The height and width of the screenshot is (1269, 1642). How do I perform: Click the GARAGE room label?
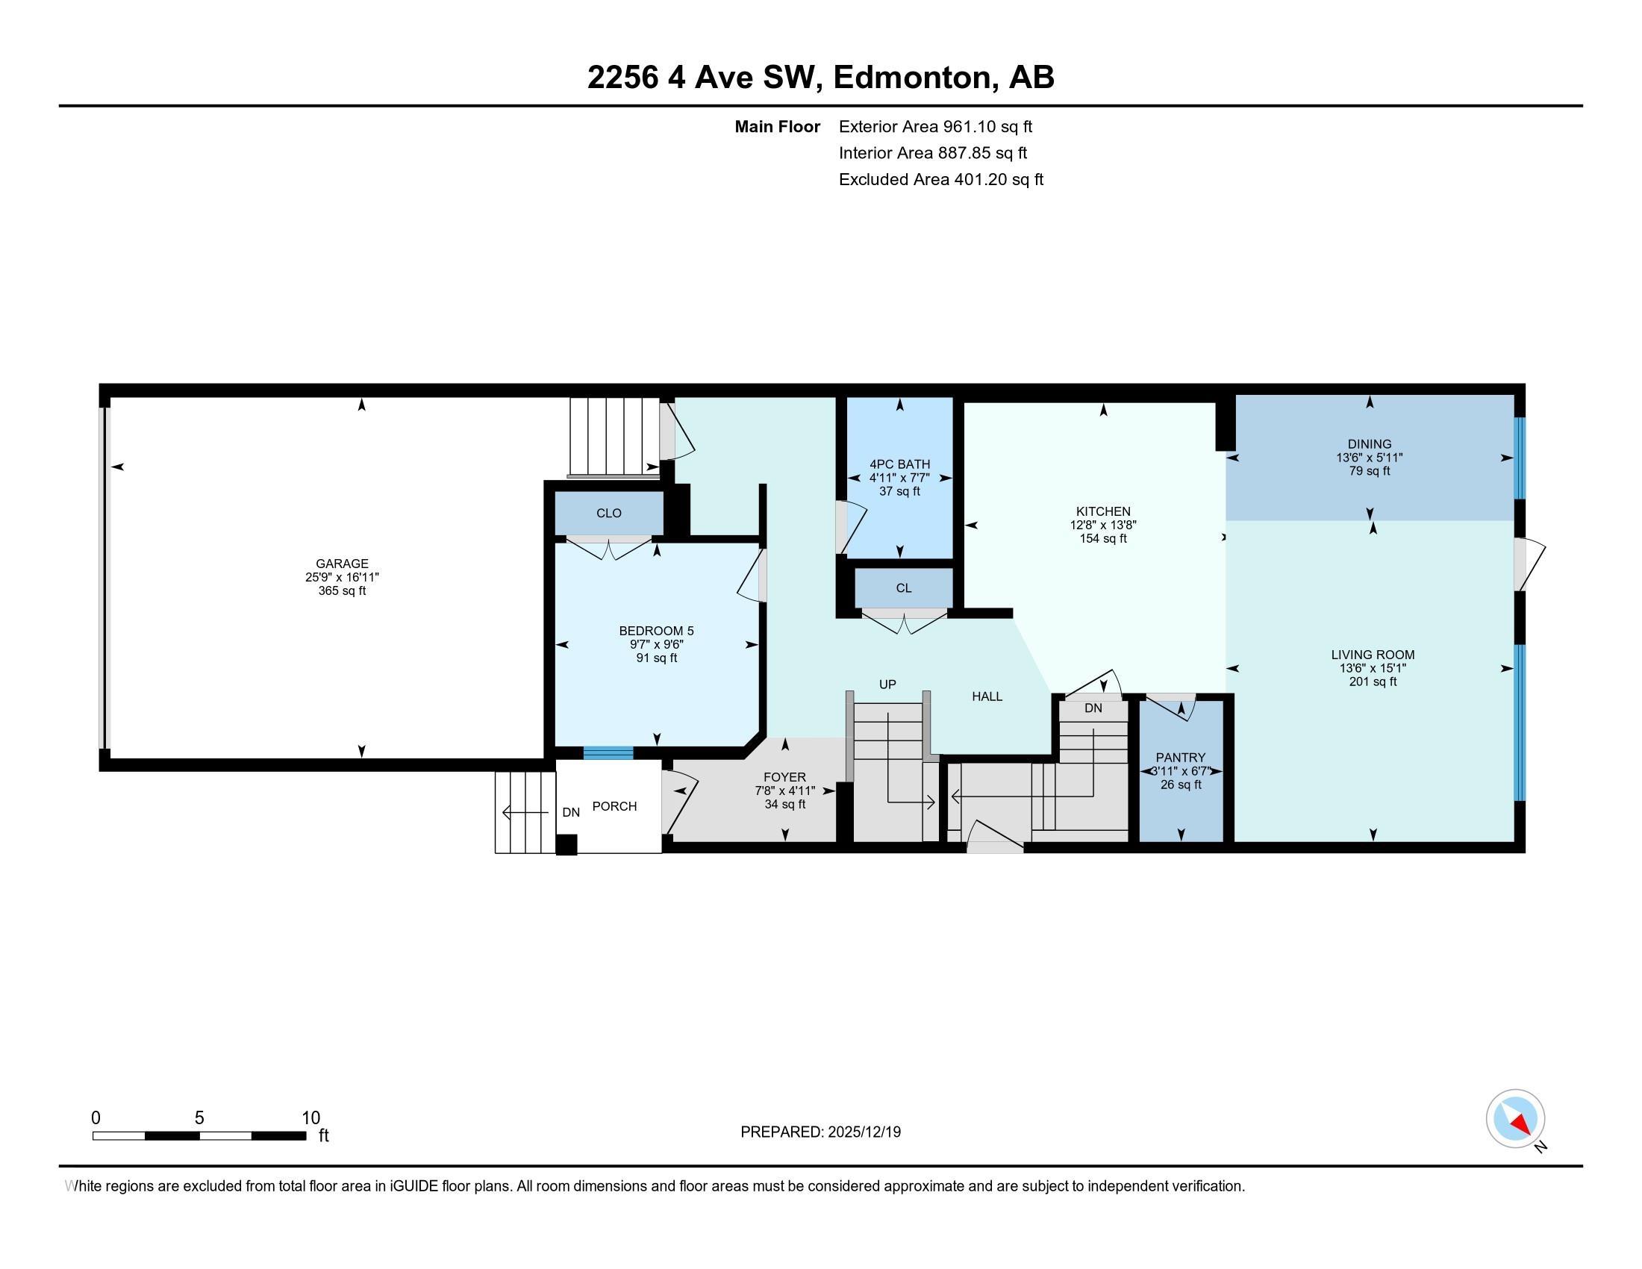tap(342, 563)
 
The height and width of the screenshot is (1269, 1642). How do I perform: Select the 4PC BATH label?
tap(900, 464)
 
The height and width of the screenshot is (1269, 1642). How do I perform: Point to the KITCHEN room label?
tap(1103, 511)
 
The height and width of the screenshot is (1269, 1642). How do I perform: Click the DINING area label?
tap(1369, 444)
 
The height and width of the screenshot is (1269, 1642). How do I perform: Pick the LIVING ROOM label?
tap(1373, 655)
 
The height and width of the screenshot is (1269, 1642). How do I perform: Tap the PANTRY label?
tap(1181, 758)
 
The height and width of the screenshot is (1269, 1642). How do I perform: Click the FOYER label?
tap(785, 777)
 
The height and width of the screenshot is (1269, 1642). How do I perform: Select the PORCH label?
tap(614, 806)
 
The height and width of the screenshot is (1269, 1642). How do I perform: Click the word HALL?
tap(987, 696)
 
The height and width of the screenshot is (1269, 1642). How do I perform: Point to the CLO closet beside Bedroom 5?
tap(609, 513)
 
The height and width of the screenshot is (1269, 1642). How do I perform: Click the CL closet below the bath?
tap(904, 588)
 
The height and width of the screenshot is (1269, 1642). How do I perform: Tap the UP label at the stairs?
tap(887, 684)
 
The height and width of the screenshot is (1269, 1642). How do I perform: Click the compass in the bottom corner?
tap(1516, 1118)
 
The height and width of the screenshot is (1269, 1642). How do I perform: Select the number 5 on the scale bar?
tap(199, 1118)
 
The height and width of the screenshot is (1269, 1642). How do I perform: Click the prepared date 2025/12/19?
tap(864, 1132)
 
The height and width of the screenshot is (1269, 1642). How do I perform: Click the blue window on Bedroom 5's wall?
tap(608, 752)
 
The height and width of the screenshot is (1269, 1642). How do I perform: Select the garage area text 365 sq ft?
tap(342, 591)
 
